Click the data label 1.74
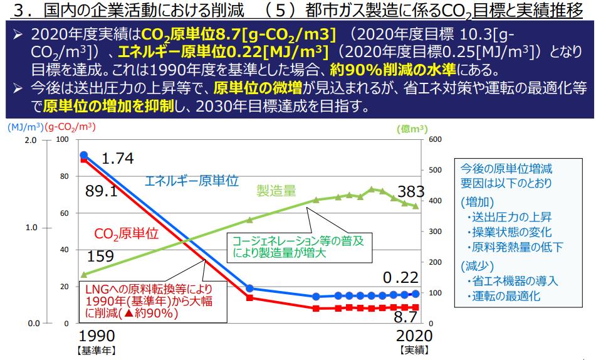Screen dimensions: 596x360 117,158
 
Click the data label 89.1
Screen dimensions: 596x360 102,191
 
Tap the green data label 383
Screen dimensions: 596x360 411,192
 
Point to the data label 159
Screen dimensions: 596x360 100,257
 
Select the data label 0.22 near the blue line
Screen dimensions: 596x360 400,277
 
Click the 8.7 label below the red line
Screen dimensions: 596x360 405,317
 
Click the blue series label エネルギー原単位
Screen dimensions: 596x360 192,181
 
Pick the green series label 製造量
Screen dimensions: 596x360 276,190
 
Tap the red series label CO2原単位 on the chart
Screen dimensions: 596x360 126,234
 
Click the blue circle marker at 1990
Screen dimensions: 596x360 84,156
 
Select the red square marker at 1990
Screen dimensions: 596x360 83,160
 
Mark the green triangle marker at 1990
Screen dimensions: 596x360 84,275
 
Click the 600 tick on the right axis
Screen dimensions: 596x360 435,140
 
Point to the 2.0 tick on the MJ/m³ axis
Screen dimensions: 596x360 31,140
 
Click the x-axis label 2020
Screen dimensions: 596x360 414,336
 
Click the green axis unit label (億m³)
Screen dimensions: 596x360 412,129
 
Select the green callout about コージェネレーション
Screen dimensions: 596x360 299,247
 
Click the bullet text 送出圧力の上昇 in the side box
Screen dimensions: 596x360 511,217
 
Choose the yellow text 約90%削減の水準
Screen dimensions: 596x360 393,70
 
